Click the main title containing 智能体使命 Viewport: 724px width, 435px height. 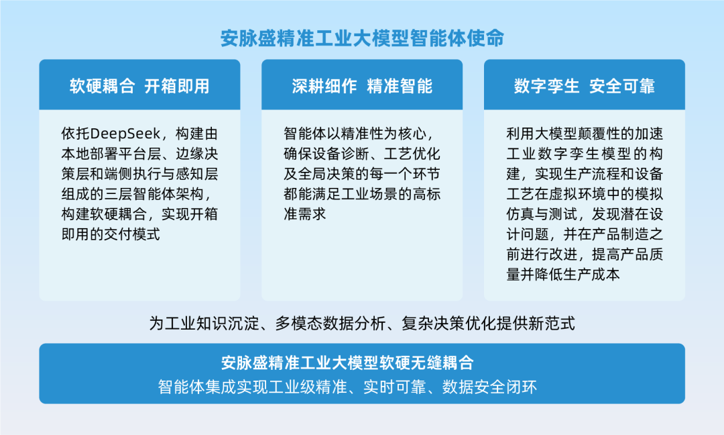[x=362, y=38]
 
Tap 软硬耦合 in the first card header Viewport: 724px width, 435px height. [x=102, y=86]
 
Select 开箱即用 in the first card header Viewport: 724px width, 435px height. [x=177, y=86]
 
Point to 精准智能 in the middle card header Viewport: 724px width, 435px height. [x=400, y=86]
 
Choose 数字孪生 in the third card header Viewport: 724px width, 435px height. [x=546, y=86]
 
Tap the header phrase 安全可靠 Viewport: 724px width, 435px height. [x=622, y=86]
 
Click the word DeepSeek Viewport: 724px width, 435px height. [x=125, y=133]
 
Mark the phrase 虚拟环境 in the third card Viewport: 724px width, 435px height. [x=576, y=194]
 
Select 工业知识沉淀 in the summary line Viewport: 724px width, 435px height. [x=211, y=324]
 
